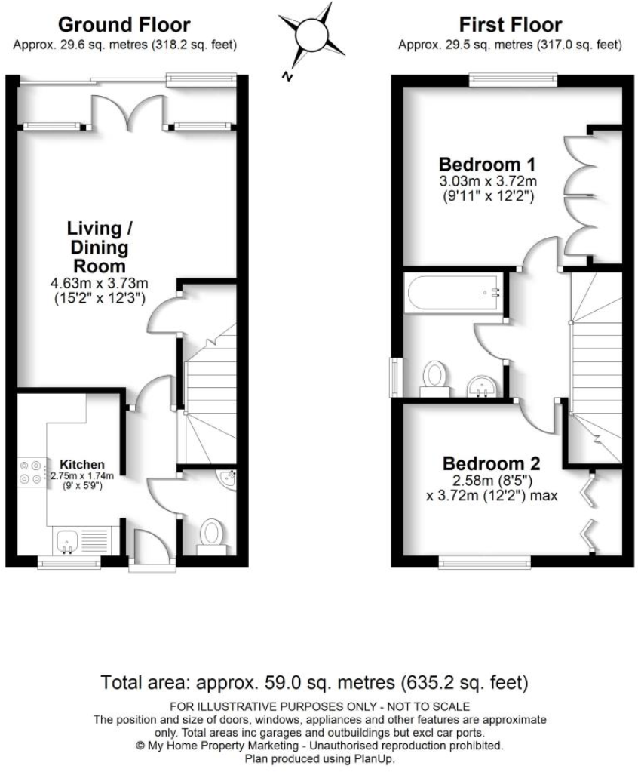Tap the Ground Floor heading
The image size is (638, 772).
click(124, 26)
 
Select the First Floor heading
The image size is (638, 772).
click(510, 26)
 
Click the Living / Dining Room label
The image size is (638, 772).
click(95, 247)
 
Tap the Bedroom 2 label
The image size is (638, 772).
click(491, 463)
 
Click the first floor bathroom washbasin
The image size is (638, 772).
click(480, 386)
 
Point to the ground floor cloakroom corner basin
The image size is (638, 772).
click(228, 480)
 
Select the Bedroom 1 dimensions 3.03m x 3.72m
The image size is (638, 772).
click(487, 181)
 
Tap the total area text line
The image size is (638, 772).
click(315, 684)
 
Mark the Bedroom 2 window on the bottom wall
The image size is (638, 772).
click(485, 561)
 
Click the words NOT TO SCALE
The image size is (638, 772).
click(428, 707)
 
